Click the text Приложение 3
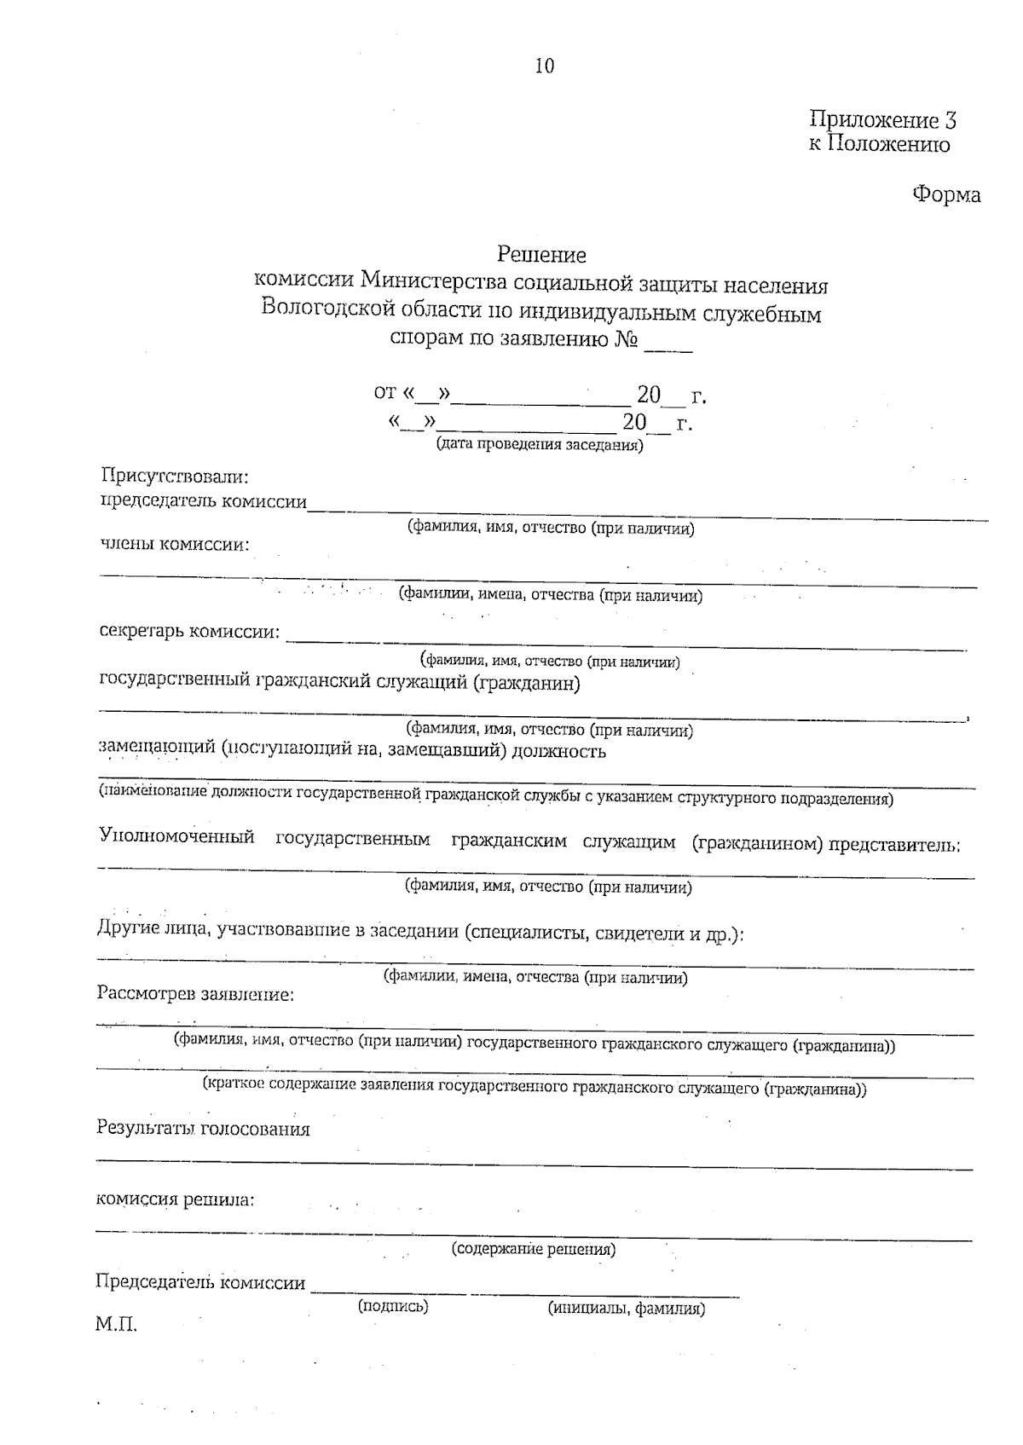882,120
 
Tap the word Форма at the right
946,195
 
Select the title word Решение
542,255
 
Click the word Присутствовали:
175,476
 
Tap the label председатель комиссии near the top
205,501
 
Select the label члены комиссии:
175,545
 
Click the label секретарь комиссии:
189,632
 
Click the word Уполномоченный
177,836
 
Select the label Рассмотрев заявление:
196,994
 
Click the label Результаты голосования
203,1130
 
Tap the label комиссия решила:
175,1199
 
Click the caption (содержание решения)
533,1250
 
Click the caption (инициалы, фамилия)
626,1309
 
